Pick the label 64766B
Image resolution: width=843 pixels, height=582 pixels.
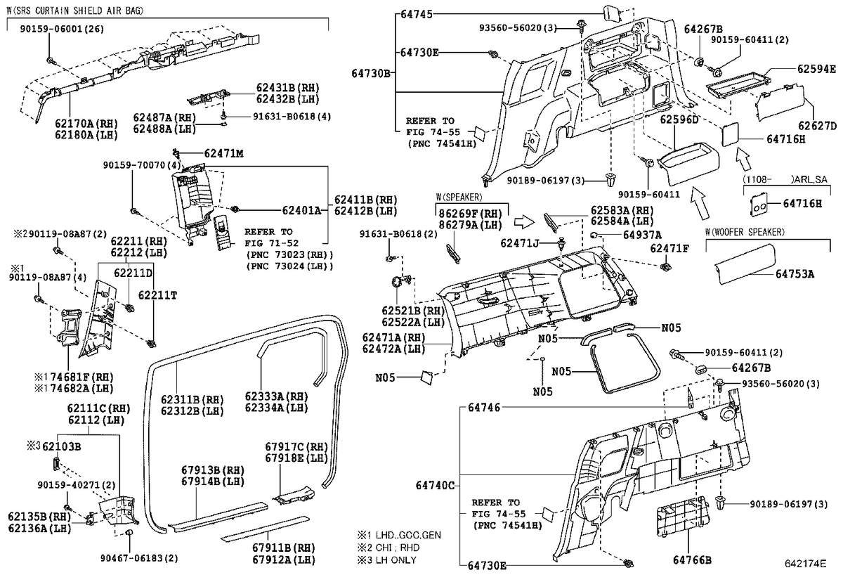tap(692, 560)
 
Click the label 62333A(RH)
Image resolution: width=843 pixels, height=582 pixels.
tap(277, 396)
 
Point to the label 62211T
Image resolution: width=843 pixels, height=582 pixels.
tap(157, 295)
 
